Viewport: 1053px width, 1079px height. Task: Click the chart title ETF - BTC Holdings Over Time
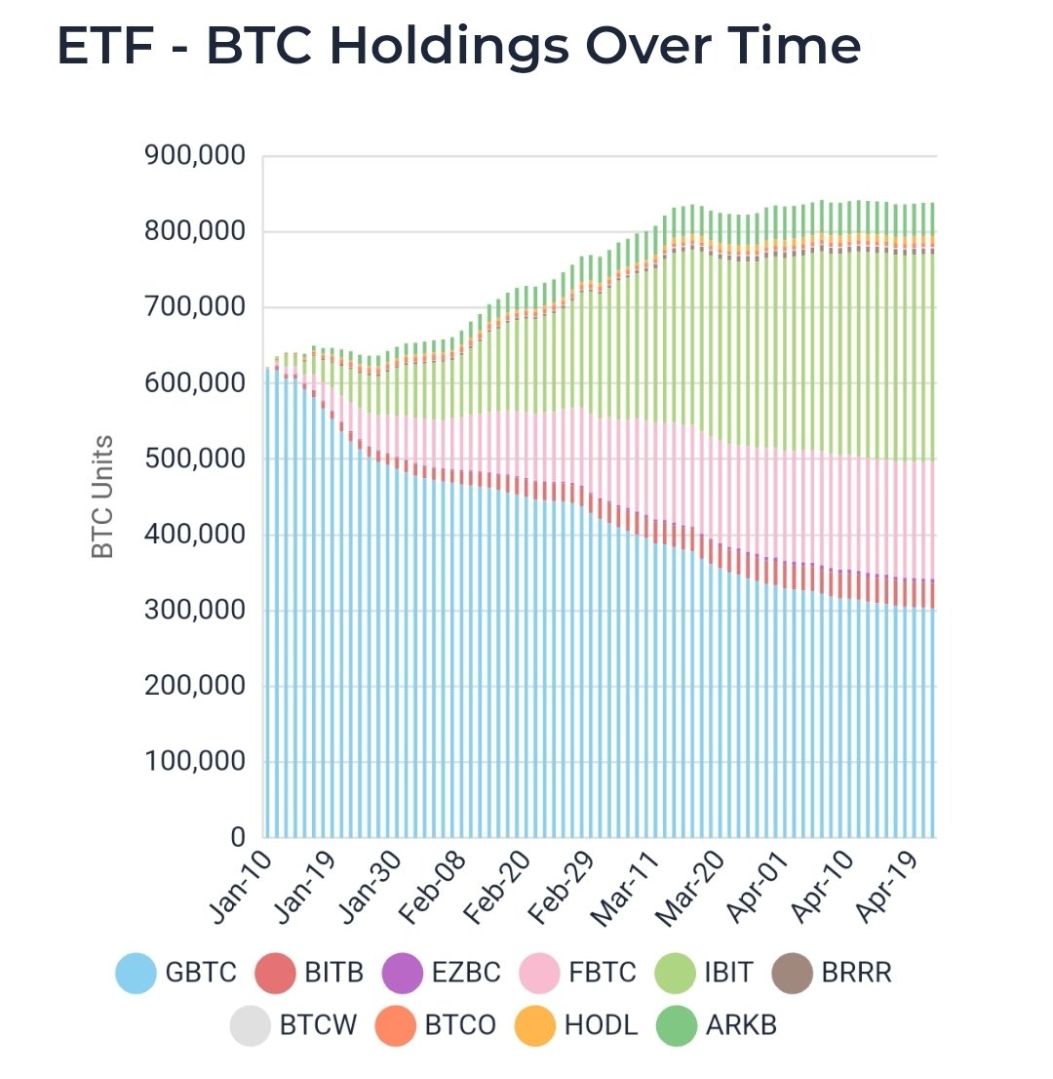pos(458,47)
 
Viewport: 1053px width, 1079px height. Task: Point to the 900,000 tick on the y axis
pos(195,156)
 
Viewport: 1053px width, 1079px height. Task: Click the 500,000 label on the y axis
pos(195,460)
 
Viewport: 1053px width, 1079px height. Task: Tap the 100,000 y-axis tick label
pos(195,762)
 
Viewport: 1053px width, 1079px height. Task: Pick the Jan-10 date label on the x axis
pos(239,888)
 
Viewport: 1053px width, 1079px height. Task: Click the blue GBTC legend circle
pos(136,973)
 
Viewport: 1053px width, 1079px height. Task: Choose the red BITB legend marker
pos(274,973)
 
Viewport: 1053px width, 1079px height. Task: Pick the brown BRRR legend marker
pos(791,973)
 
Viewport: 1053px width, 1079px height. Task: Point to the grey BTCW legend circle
pos(249,1026)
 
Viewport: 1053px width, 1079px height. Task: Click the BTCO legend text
pos(460,1026)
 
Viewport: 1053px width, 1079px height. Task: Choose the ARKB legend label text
pos(742,1026)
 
